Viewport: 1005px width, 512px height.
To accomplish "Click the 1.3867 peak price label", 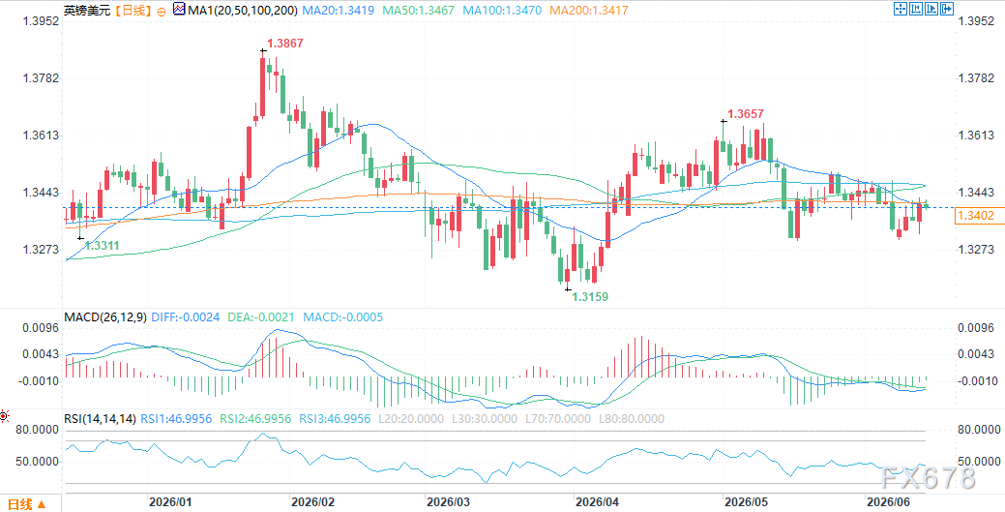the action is (x=285, y=44).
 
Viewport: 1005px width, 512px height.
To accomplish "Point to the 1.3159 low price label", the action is (x=590, y=297).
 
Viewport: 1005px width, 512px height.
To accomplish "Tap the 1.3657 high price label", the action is (x=746, y=114).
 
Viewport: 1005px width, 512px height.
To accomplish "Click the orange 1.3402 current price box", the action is (x=976, y=216).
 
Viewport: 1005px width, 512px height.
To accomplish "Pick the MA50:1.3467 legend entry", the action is (x=420, y=11).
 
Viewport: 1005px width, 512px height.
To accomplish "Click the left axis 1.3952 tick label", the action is (x=41, y=21).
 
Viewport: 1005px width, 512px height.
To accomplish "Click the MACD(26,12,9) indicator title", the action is (x=105, y=316).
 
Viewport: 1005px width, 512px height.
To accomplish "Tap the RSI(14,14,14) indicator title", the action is (x=100, y=419).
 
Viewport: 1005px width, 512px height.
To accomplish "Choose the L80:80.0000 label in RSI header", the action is (x=631, y=419).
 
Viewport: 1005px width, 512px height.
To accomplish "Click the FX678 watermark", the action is (x=927, y=478).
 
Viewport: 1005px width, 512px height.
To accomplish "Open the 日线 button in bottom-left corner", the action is (x=25, y=504).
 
